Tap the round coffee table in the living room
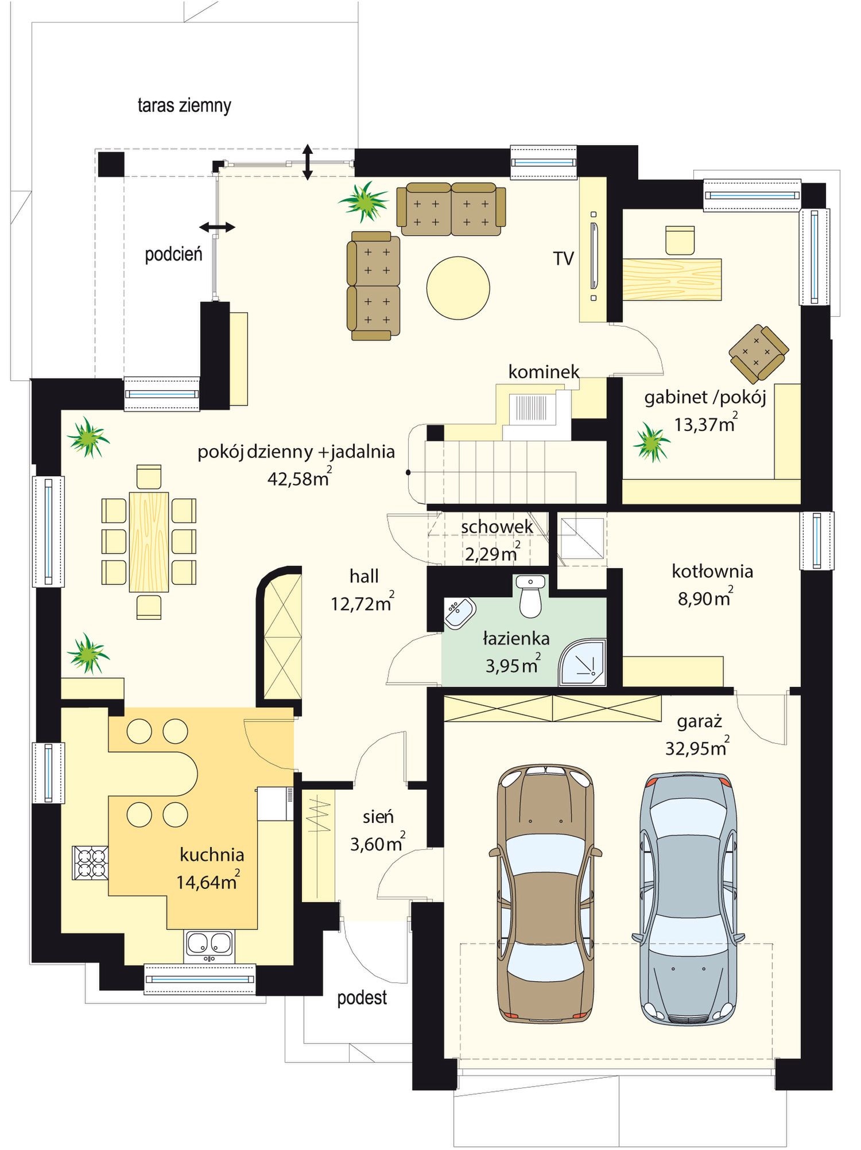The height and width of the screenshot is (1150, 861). [x=458, y=287]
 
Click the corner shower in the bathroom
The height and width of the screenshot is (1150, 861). [x=583, y=663]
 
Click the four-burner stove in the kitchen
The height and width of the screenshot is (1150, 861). [x=90, y=862]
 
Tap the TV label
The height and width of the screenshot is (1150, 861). [x=564, y=259]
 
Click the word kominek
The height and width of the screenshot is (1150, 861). [x=544, y=372]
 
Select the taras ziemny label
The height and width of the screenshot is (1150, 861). [x=184, y=106]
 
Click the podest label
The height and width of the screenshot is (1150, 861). [x=362, y=998]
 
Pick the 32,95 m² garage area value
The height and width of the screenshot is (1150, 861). [x=697, y=747]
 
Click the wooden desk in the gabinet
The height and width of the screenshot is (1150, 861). [x=672, y=279]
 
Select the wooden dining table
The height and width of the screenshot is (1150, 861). [x=149, y=542]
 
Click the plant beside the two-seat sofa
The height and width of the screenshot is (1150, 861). [x=364, y=201]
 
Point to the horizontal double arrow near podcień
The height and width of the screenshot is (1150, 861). [x=217, y=227]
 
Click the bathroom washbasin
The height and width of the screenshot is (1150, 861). [x=460, y=613]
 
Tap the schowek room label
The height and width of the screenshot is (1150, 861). [x=497, y=526]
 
